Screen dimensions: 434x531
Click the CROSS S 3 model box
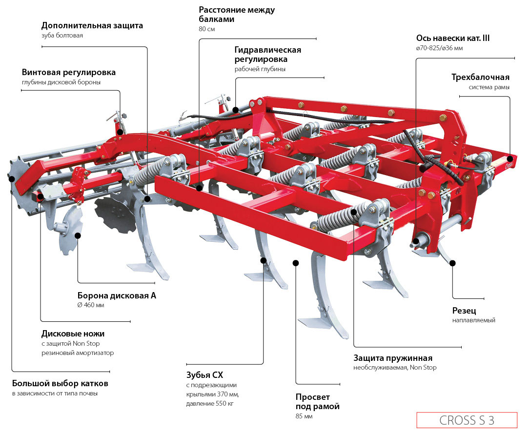[466, 420]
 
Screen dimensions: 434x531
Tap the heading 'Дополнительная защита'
[92, 25]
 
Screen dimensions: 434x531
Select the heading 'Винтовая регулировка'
[69, 72]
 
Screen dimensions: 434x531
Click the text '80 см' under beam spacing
[207, 29]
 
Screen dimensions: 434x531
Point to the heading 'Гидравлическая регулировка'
[267, 54]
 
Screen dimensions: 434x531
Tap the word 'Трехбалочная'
[480, 77]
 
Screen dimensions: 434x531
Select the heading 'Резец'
[464, 311]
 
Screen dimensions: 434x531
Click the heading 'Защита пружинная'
[393, 358]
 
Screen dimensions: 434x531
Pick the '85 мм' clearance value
[304, 416]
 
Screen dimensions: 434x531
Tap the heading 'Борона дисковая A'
[117, 295]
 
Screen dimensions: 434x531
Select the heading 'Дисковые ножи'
[73, 334]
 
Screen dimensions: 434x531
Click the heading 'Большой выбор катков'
[60, 383]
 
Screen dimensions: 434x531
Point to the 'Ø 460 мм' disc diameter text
[91, 305]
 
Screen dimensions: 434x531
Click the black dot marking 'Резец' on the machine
[452, 263]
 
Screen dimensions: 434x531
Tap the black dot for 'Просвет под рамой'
[296, 263]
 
